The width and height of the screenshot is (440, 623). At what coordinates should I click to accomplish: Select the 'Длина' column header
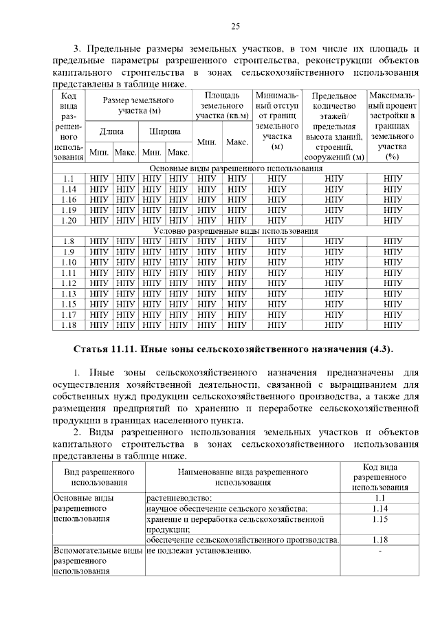coord(112,130)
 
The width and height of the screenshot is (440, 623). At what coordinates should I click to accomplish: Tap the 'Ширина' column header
coord(165,130)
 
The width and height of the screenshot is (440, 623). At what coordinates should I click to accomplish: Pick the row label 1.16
coord(68,199)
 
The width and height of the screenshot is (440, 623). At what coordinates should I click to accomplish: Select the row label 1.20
coord(68,220)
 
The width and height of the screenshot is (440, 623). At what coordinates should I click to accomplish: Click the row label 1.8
coord(68,241)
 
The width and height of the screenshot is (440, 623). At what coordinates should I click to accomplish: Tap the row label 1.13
coord(68,294)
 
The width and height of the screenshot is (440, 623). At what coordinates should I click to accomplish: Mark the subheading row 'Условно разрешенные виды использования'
coord(234,231)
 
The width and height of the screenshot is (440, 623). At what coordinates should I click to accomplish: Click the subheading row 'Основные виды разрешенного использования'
coord(235,168)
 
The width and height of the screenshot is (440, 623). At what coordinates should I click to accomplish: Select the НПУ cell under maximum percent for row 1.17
coord(393,314)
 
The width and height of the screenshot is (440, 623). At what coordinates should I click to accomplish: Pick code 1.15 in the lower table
coord(379,519)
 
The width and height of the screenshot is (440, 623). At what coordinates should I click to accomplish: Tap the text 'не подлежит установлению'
coord(198,551)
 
